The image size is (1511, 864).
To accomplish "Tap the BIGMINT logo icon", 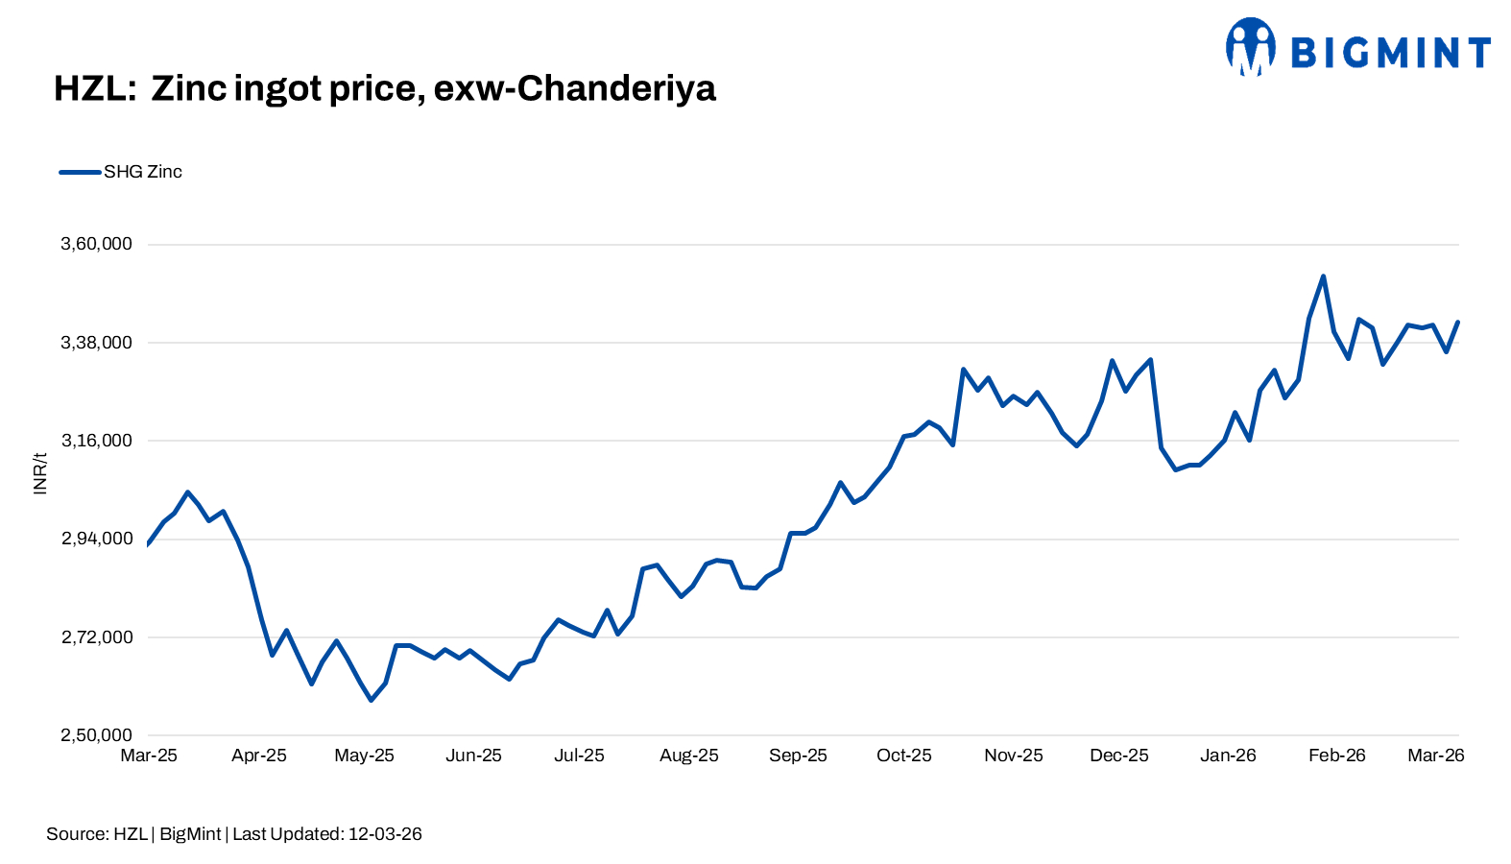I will point(1250,46).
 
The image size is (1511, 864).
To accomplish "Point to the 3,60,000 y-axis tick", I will point(96,244).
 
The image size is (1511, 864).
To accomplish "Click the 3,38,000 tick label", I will point(96,343).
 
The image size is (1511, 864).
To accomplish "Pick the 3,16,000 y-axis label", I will point(96,441).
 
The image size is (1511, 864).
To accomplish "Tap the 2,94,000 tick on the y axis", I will point(96,539).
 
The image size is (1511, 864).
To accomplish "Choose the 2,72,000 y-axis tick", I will point(96,637).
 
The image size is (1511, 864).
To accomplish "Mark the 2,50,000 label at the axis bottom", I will point(96,735).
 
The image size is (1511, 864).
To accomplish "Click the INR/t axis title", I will point(40,473).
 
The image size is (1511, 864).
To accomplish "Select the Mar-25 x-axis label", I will point(149,756).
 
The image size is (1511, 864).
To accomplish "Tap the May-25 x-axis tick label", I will point(364,756).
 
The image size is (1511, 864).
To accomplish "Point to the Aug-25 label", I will point(688,756).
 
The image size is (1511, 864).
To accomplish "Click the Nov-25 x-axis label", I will point(1013,756).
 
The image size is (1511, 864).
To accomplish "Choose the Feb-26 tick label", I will point(1336,756).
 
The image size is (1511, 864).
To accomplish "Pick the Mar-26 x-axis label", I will point(1435,756).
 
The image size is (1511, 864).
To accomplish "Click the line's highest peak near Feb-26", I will point(1323,277).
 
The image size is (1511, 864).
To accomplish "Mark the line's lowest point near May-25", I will point(371,700).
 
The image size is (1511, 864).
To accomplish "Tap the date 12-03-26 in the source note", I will point(385,834).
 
